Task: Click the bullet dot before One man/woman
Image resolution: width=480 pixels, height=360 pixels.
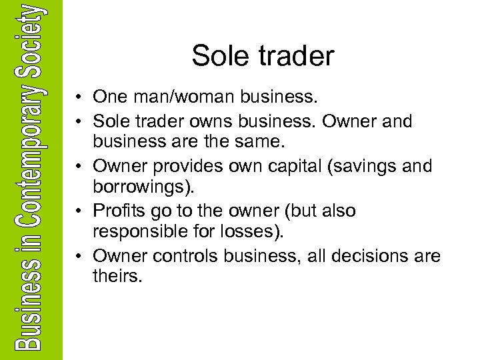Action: [79, 98]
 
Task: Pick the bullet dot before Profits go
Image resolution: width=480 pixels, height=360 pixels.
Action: [79, 211]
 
